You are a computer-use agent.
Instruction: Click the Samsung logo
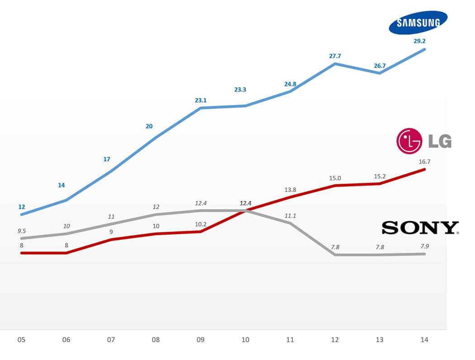[x=418, y=23]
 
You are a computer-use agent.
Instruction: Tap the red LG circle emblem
[x=409, y=140]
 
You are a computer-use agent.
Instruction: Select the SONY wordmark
[x=420, y=227]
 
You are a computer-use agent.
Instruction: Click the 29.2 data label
[x=419, y=41]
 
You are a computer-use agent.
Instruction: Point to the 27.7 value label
[x=335, y=56]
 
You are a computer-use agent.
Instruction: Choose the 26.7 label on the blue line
[x=379, y=66]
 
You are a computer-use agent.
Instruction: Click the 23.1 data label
[x=201, y=100]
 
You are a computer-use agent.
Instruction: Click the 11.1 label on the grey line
[x=290, y=216]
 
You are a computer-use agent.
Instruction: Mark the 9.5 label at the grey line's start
[x=22, y=231]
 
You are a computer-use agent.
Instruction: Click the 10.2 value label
[x=201, y=224]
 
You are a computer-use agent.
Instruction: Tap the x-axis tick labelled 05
[x=22, y=339]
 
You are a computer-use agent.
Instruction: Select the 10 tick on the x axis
[x=245, y=339]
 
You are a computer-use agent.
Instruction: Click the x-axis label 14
[x=424, y=339]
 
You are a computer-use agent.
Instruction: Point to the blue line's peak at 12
[x=335, y=64]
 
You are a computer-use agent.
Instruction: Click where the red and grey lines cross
[x=246, y=210]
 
